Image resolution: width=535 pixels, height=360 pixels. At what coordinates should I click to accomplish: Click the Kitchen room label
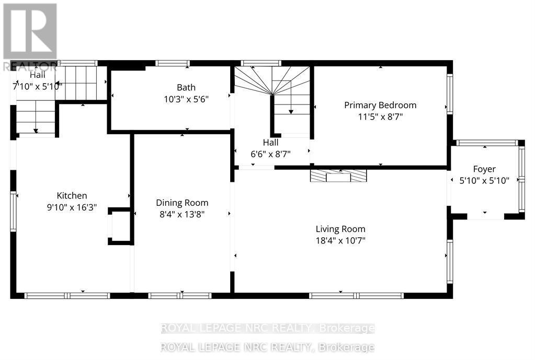pos(72,195)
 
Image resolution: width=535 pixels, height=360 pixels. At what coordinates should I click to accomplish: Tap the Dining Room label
pos(182,203)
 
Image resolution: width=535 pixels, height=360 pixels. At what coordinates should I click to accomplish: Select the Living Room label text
pos(340,229)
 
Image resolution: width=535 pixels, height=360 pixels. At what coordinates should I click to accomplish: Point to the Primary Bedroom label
pos(380,105)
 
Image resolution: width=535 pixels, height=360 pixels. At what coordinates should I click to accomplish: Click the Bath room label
pos(186,87)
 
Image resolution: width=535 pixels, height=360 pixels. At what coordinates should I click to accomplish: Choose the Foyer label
pos(484,169)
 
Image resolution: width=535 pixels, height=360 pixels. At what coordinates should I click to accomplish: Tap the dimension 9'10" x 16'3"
pos(72,207)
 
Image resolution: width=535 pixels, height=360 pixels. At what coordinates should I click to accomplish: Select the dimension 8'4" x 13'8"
pos(182,214)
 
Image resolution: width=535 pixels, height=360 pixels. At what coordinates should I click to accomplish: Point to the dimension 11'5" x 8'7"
pos(380,117)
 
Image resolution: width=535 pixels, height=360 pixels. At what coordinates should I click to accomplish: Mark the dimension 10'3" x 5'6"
pos(186,99)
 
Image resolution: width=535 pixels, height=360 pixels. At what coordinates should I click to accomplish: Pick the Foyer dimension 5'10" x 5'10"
pos(484,180)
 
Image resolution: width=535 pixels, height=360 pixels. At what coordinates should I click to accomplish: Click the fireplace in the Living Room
pos(338,176)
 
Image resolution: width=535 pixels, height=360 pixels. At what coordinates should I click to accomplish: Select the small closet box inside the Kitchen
pos(119,226)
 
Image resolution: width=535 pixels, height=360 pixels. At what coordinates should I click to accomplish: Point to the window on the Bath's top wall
pos(173,63)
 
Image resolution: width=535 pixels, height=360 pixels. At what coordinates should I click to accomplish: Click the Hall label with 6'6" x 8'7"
pos(270,142)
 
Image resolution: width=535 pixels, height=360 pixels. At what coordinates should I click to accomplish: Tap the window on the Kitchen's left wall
pos(13,211)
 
